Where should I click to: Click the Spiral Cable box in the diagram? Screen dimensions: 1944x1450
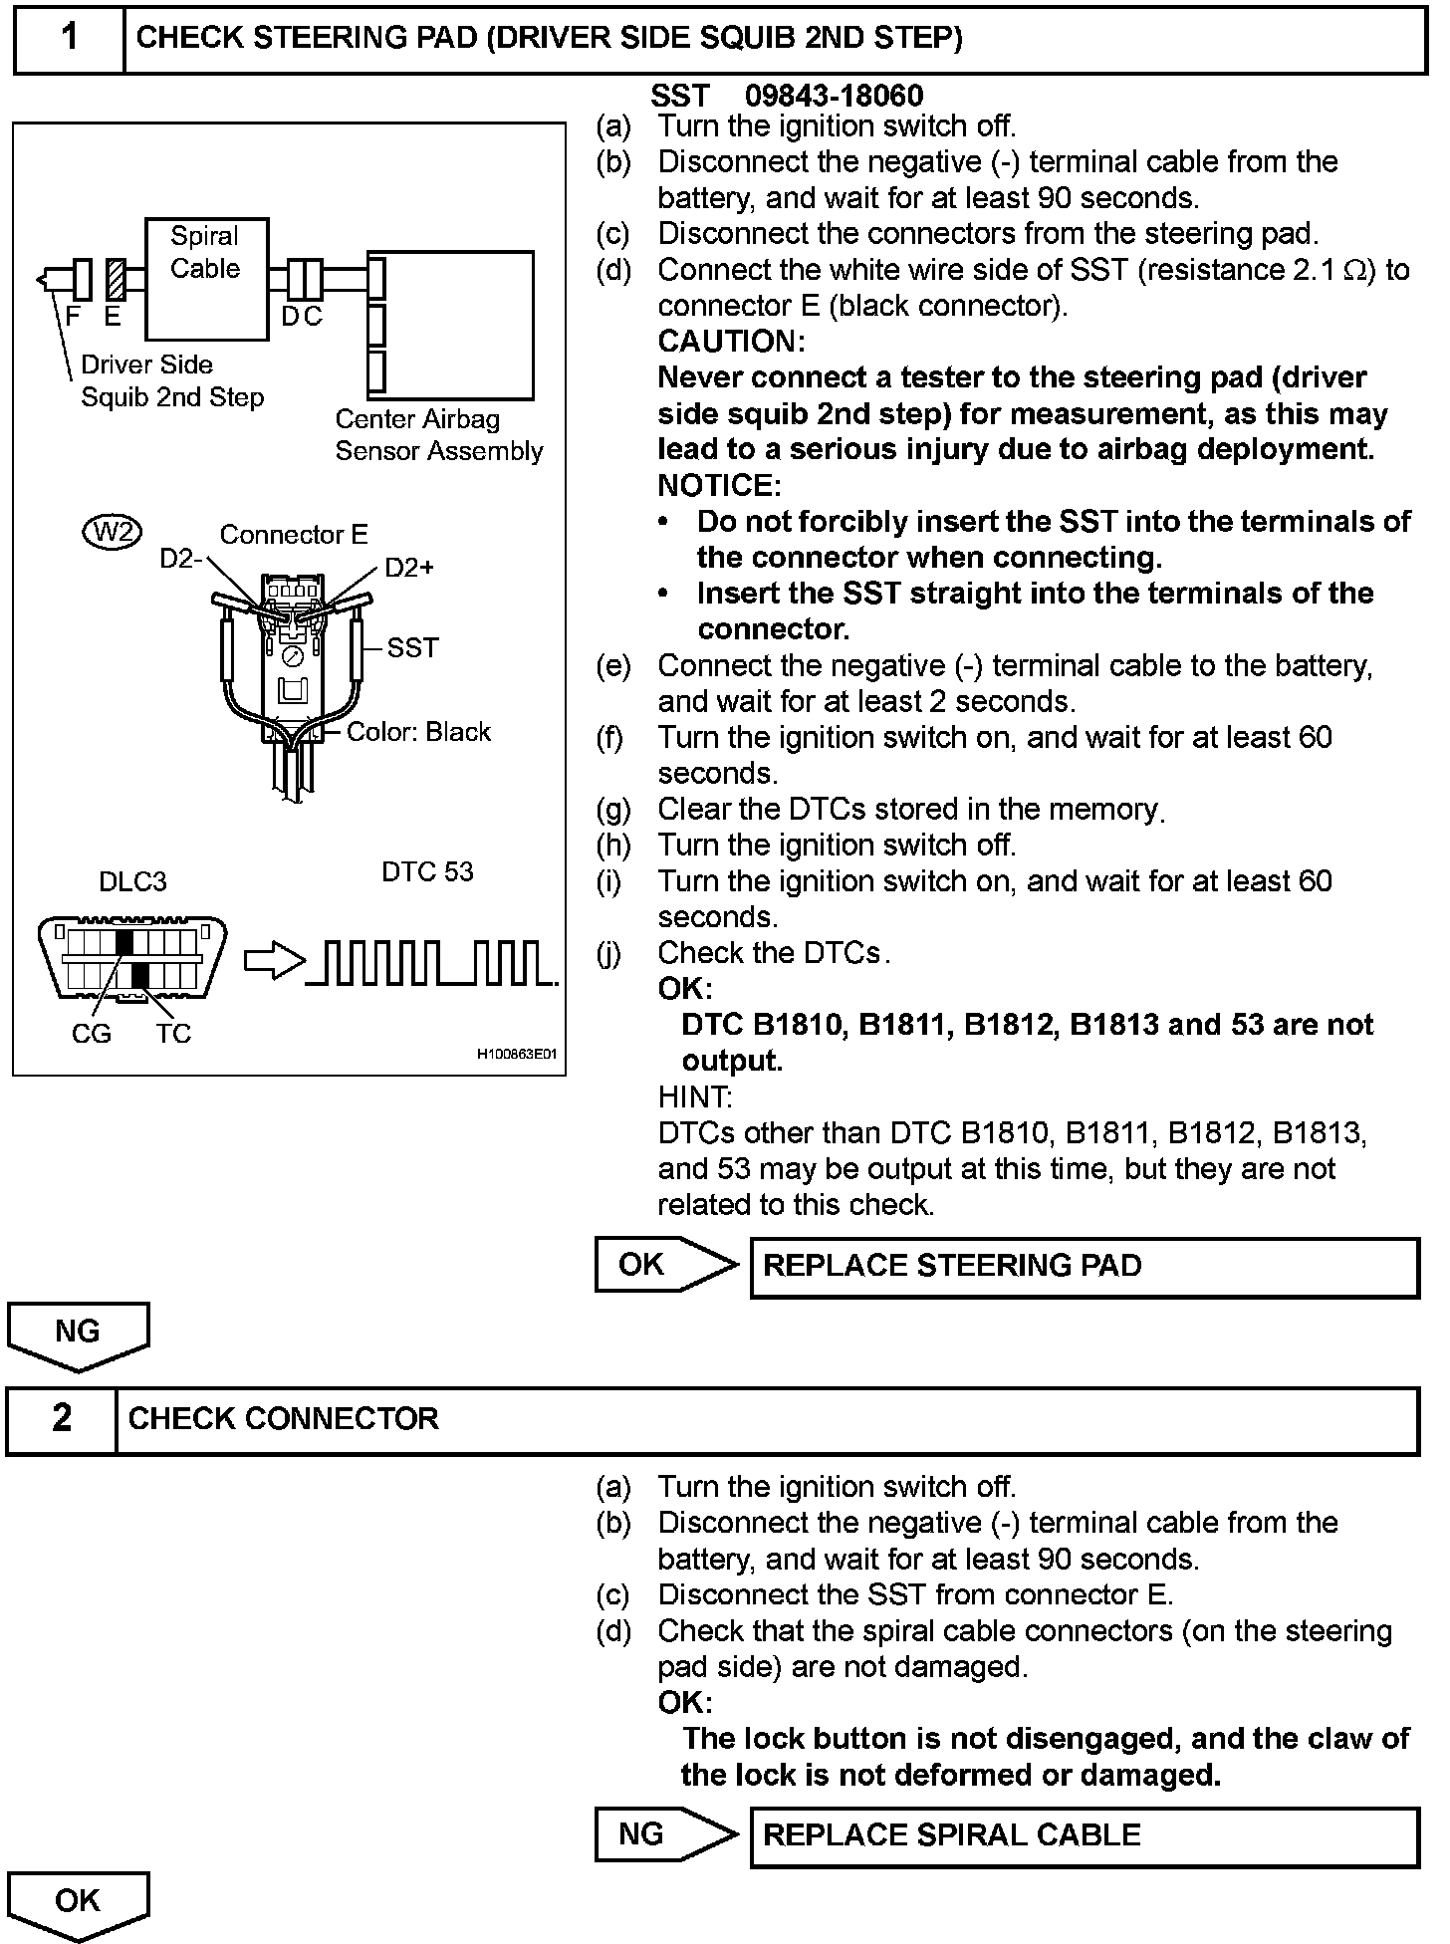click(206, 279)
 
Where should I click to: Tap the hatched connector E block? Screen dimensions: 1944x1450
click(115, 279)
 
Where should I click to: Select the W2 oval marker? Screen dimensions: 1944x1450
click(112, 533)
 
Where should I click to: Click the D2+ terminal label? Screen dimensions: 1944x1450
click(409, 568)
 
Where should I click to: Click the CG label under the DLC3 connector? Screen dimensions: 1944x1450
click(92, 1034)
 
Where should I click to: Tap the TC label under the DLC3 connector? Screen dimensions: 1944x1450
click(173, 1034)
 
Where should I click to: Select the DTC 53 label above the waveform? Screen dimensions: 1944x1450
click(427, 871)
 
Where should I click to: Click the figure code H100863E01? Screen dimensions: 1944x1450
click(517, 1054)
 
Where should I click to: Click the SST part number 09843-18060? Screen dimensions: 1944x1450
click(834, 96)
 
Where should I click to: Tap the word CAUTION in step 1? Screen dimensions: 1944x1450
click(731, 342)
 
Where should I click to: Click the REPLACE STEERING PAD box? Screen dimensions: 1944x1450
click(1084, 1266)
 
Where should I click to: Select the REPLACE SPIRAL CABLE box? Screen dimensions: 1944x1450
click(1084, 1835)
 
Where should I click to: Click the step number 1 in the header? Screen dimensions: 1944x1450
click(69, 38)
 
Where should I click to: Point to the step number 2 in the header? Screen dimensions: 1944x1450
click(62, 1418)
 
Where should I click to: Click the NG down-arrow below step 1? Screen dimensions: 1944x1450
click(78, 1335)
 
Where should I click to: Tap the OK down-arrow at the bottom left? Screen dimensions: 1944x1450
click(78, 1903)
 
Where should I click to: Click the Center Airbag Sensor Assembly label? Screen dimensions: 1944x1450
click(438, 435)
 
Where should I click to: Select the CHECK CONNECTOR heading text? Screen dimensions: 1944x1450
click(284, 1418)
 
